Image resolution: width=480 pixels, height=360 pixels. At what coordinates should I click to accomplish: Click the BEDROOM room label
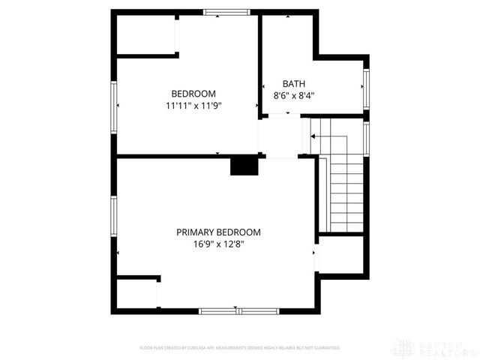(x=193, y=94)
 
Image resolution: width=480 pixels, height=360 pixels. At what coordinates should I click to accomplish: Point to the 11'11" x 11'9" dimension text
(x=193, y=106)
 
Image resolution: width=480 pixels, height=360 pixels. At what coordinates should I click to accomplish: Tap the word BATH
(x=293, y=84)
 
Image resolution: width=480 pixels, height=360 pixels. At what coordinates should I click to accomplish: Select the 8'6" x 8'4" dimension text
(x=293, y=96)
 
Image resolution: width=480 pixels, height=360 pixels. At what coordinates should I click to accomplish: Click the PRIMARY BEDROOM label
(x=218, y=232)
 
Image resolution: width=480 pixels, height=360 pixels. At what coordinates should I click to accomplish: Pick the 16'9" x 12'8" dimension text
(x=218, y=244)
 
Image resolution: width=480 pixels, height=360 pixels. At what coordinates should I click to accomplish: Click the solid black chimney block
(x=244, y=166)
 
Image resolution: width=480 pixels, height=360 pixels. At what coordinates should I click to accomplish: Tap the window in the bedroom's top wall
(x=226, y=12)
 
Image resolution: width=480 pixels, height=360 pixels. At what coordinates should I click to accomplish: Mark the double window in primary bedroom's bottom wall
(x=238, y=310)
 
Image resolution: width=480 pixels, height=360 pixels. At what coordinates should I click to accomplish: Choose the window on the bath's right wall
(x=366, y=88)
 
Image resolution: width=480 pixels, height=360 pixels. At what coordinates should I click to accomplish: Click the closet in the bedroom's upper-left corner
(x=145, y=34)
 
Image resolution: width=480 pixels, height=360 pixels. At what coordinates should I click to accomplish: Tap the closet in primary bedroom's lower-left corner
(x=136, y=294)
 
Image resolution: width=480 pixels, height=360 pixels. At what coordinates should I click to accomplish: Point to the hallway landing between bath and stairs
(x=281, y=136)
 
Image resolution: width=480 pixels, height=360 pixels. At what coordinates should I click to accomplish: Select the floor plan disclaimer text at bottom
(x=240, y=348)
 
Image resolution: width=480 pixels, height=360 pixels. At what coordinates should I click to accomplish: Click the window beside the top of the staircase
(x=366, y=137)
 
